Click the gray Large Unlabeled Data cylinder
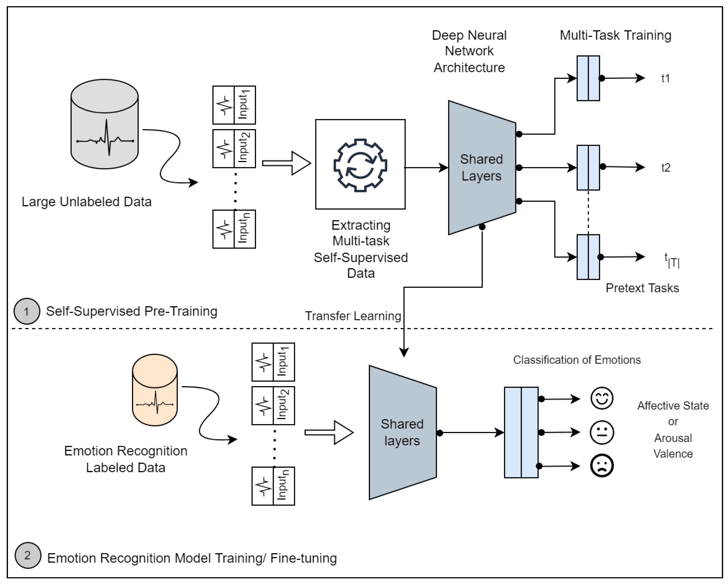104,124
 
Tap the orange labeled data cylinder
155,390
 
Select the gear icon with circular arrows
360,165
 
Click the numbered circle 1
27,311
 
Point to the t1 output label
665,78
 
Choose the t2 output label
665,167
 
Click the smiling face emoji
602,399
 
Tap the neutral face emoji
602,432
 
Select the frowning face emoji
602,465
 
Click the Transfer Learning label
353,316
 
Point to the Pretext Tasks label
642,288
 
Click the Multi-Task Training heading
616,35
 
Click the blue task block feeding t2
588,167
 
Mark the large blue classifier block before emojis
521,432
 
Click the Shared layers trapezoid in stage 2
403,432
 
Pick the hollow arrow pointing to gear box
286,163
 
